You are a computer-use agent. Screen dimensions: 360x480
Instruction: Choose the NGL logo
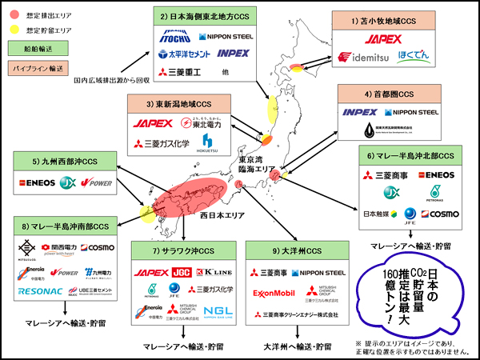click(218, 310)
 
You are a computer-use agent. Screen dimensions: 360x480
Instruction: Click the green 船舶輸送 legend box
click(31, 49)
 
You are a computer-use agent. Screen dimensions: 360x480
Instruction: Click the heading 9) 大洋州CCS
click(286, 251)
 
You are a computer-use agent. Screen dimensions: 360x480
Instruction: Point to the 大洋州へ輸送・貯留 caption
click(286, 346)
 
